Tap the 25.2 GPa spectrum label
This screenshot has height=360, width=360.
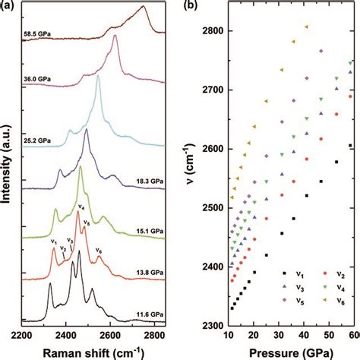(37, 141)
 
